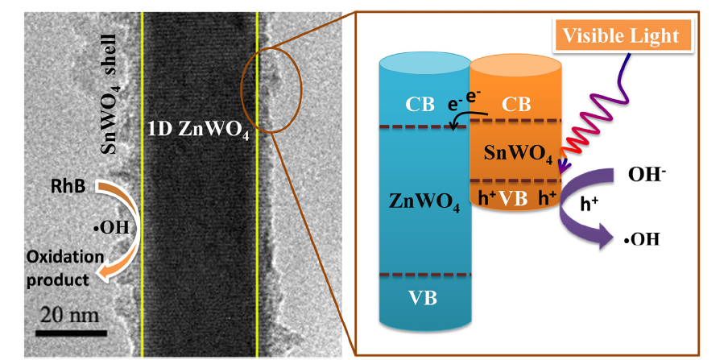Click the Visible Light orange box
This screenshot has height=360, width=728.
pyautogui.click(x=621, y=35)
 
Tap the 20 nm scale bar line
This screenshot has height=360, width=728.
pyautogui.click(x=71, y=332)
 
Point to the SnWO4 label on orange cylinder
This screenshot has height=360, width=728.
pyautogui.click(x=513, y=151)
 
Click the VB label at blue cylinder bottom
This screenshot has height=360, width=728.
pyautogui.click(x=423, y=298)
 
